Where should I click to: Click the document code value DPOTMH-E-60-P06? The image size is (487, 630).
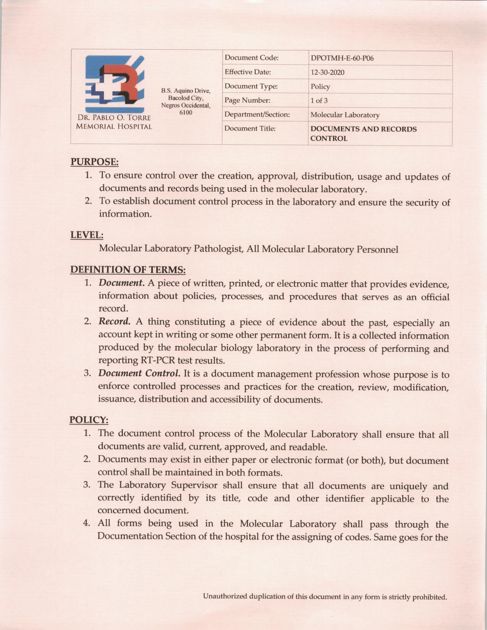(x=342, y=58)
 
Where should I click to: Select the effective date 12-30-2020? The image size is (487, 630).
(x=327, y=73)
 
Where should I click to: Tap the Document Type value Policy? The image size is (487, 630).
(x=320, y=87)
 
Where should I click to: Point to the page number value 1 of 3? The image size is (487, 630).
(x=319, y=101)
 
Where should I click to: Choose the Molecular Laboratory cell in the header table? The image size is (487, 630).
(x=345, y=115)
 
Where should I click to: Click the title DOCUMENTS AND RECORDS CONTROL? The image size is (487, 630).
(x=363, y=134)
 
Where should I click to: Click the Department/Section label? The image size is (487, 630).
(x=257, y=115)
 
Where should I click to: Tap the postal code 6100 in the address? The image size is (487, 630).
(x=186, y=113)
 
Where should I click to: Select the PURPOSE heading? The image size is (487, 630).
(x=94, y=162)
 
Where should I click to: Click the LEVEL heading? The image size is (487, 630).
(x=87, y=235)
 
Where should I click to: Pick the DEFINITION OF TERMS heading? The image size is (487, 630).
(x=128, y=270)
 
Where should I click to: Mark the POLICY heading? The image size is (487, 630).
(x=89, y=420)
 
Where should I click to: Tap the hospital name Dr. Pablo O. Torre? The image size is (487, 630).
(x=114, y=118)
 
